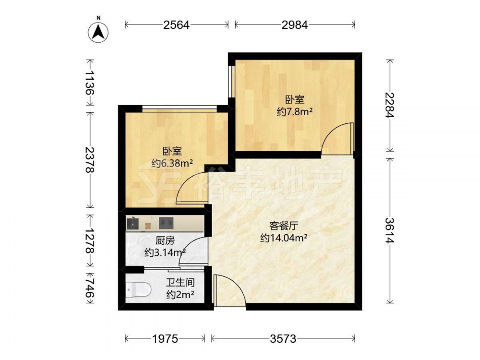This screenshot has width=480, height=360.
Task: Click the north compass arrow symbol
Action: tap(98, 32)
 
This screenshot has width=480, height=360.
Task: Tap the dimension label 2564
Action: tap(176, 25)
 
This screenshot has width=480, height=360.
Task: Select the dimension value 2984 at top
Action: tap(295, 25)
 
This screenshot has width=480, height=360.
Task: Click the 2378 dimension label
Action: tap(90, 159)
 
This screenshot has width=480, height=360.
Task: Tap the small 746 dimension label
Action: tap(90, 287)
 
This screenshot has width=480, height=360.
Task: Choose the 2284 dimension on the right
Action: tap(390, 105)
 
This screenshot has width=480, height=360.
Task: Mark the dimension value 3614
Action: tap(390, 230)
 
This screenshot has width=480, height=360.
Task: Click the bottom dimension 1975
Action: tap(165, 338)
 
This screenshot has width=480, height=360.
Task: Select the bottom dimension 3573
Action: tap(283, 338)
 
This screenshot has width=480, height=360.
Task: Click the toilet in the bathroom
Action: tap(138, 289)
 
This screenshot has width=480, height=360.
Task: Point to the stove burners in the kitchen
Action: tap(166, 223)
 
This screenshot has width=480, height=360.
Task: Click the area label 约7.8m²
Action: tap(295, 112)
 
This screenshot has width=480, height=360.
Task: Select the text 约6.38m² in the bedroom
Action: tap(172, 163)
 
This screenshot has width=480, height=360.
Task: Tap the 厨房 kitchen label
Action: tap(165, 241)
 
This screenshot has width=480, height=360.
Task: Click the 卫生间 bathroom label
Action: tap(180, 282)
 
